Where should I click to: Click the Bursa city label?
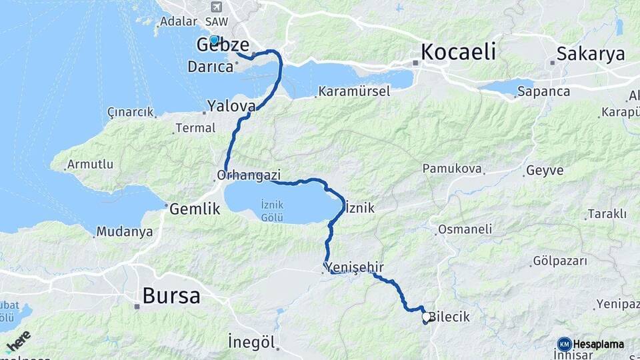pyautogui.click(x=171, y=295)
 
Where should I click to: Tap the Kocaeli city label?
pyautogui.click(x=459, y=51)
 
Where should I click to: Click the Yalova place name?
pyautogui.click(x=231, y=106)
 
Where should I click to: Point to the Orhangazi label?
pyautogui.click(x=248, y=175)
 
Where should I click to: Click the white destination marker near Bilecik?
pyautogui.click(x=426, y=317)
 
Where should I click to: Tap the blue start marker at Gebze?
pyautogui.click(x=214, y=40)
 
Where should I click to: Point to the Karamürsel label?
pyautogui.click(x=354, y=91)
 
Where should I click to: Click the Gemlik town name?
pyautogui.click(x=195, y=209)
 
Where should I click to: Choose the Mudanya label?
pyautogui.click(x=124, y=232)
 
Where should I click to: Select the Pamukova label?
pyautogui.click(x=452, y=169)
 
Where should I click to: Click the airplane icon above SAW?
pyautogui.click(x=215, y=7)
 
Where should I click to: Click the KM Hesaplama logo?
pyautogui.click(x=591, y=344)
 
